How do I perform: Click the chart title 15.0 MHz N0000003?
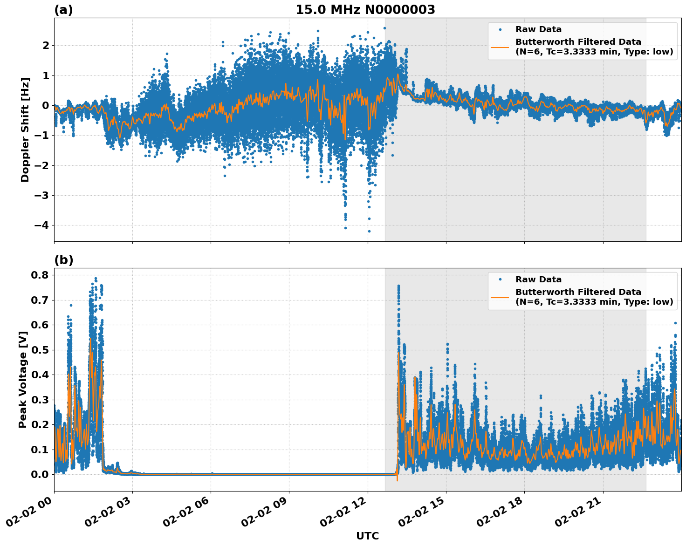pos(365,10)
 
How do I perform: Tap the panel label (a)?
pos(63,10)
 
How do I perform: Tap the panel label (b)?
pos(63,260)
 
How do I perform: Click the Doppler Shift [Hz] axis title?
pos(25,130)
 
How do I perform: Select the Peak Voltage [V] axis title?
pos(23,379)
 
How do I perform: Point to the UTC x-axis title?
pos(367,536)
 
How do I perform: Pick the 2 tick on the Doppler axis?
pos(46,45)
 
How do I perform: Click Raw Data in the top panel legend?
pos(538,29)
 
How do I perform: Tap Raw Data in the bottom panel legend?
pos(538,280)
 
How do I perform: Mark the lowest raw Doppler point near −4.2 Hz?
pos(369,231)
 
